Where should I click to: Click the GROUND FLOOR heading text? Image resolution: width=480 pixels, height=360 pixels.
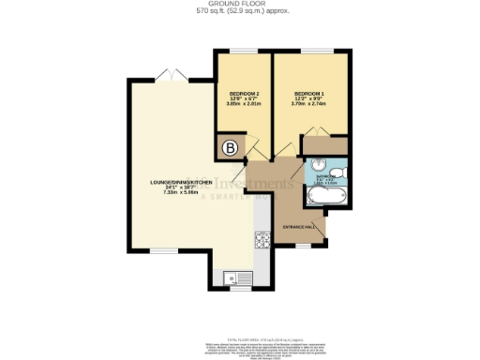(239, 4)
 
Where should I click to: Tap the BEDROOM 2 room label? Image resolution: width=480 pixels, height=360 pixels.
(243, 95)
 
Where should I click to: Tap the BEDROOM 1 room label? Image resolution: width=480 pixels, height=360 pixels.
(308, 95)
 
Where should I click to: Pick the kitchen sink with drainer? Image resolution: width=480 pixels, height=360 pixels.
(234, 277)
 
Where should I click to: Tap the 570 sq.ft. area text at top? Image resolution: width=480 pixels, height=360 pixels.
(239, 12)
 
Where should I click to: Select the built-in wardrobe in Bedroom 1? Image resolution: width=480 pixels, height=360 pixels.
(323, 144)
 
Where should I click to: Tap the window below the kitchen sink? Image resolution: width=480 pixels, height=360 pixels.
(234, 290)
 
